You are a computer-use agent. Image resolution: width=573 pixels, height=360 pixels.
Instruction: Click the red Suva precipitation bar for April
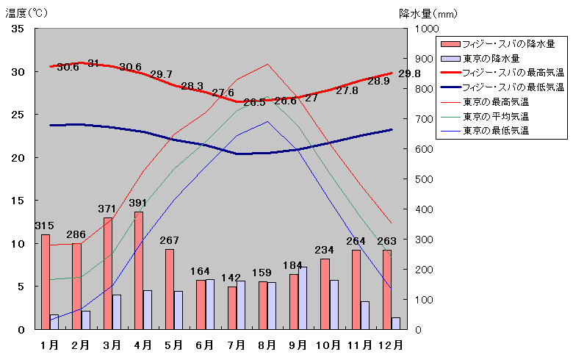139,270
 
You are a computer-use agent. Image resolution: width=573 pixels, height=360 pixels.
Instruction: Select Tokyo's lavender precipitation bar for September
303,298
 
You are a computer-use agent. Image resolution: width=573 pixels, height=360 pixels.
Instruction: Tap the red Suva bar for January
46,281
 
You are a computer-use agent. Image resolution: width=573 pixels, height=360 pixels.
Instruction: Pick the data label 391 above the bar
138,204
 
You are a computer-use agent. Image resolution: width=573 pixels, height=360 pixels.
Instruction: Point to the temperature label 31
93,63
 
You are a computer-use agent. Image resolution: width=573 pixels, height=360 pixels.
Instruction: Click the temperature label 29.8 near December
409,73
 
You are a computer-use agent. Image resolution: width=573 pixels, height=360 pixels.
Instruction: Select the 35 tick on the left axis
18,29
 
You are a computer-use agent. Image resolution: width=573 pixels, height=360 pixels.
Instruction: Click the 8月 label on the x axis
267,344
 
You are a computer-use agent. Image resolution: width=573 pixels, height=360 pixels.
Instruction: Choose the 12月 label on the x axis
391,344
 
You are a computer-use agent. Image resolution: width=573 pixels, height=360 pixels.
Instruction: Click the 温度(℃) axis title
26,12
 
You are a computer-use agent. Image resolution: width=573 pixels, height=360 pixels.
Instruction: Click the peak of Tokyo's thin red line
267,64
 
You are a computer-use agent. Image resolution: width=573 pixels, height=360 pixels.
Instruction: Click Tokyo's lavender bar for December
396,323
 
